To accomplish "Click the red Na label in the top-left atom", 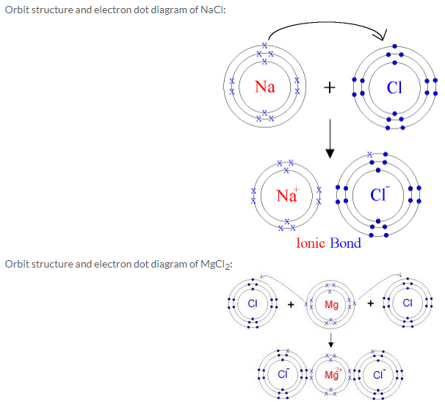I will click(x=264, y=87).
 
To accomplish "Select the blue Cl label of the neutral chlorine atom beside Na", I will click(x=394, y=87).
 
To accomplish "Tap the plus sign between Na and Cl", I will click(x=330, y=88).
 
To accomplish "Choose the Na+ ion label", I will click(x=287, y=195).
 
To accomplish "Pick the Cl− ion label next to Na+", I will click(x=380, y=195).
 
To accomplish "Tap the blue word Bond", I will click(x=345, y=243).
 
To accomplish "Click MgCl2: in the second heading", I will click(x=215, y=265).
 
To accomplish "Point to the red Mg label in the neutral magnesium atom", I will click(x=331, y=304).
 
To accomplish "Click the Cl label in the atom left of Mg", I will click(x=252, y=304).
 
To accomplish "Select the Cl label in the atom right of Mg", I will click(x=408, y=304).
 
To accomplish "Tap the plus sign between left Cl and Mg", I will click(x=291, y=304).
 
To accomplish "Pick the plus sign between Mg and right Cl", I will click(x=370, y=304).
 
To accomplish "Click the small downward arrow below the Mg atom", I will click(x=331, y=340).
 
